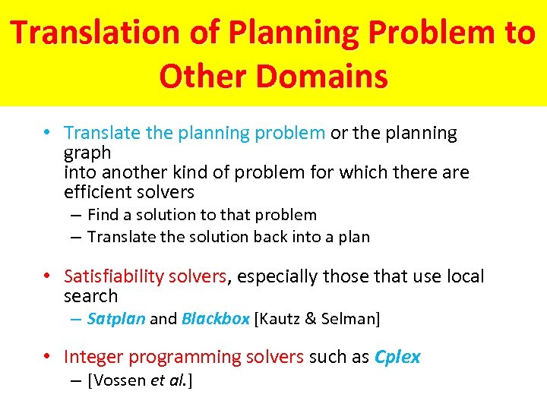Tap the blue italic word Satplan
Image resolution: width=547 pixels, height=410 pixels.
click(116, 319)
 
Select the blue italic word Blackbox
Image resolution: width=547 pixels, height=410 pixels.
click(216, 319)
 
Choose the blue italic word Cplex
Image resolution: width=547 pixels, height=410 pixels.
click(397, 357)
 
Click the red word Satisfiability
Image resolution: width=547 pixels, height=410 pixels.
click(114, 276)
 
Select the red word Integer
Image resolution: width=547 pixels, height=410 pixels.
click(93, 357)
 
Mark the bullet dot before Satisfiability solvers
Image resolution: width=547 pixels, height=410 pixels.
click(47, 276)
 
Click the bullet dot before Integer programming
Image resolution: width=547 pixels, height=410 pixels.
click(47, 357)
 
